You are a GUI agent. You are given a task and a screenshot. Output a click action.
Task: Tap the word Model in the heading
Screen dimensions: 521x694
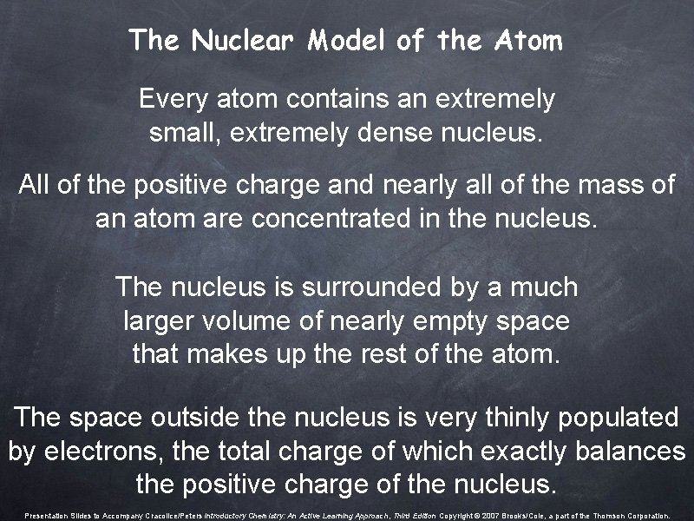pyautogui.click(x=348, y=40)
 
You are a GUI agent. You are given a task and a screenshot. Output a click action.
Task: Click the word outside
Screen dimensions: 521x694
pyautogui.click(x=201, y=417)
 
